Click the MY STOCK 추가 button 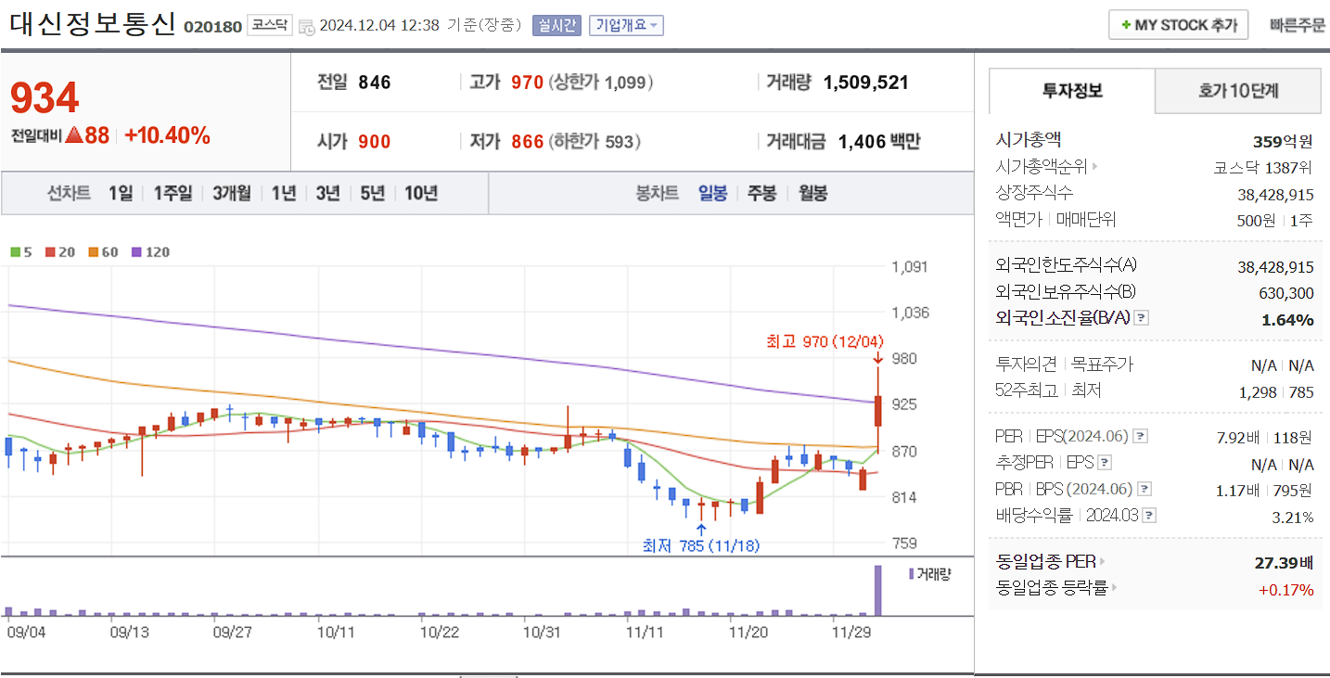pos(1178,25)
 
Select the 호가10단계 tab pos(1237,91)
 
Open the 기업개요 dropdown pos(626,25)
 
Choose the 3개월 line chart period pos(231,193)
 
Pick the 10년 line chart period pos(421,193)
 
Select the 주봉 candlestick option pos(761,193)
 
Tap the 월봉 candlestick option pos(812,193)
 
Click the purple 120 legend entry pos(151,251)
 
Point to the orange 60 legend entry pos(103,251)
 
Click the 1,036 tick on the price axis pos(910,313)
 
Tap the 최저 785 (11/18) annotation pos(700,545)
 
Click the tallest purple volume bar pos(877,590)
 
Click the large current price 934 pos(45,97)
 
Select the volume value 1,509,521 pos(865,83)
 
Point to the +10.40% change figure pos(167,135)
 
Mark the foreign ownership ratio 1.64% pos(1287,320)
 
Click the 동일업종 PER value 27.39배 pos(1284,562)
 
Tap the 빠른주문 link pos(1298,25)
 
